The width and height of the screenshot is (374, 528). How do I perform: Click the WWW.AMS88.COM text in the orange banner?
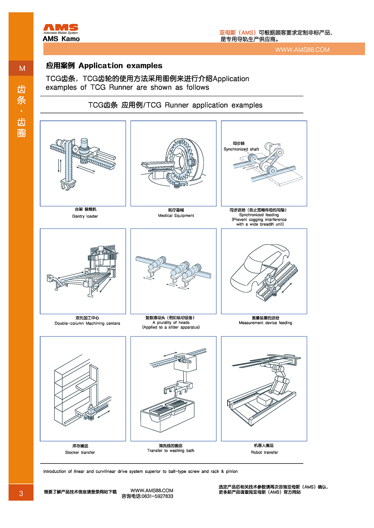[302, 50]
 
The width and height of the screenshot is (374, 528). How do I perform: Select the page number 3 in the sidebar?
[21, 493]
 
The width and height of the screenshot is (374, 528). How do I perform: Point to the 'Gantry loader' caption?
[85, 216]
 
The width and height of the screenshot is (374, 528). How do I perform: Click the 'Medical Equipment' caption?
[176, 216]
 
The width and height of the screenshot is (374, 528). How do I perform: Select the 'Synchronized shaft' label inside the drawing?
[241, 149]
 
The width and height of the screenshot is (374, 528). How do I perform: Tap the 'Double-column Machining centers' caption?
[87, 323]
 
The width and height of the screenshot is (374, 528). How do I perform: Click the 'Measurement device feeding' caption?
[265, 323]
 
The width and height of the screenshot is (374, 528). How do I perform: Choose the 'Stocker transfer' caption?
[80, 452]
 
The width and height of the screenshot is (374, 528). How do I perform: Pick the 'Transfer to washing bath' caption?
[171, 451]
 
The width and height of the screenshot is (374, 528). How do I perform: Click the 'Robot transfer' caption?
[264, 452]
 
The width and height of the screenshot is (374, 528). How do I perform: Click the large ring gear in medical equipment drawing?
[185, 160]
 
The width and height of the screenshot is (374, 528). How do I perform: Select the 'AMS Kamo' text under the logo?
[61, 39]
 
